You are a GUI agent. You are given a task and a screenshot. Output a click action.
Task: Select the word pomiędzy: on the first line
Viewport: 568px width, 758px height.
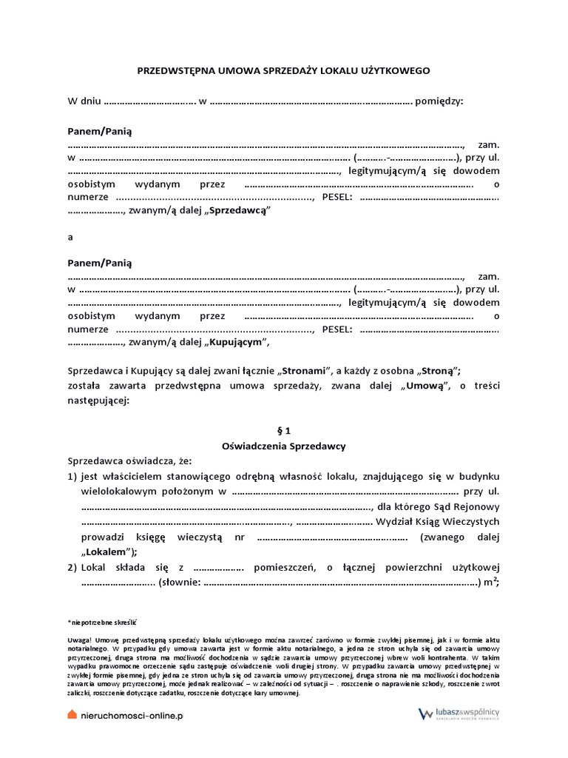click(x=439, y=101)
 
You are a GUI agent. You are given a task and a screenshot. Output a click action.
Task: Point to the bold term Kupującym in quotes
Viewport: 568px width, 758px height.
click(x=235, y=342)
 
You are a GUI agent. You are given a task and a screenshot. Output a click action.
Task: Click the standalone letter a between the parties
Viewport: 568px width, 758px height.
click(x=70, y=237)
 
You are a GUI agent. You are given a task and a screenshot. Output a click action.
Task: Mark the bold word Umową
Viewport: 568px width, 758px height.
click(x=425, y=386)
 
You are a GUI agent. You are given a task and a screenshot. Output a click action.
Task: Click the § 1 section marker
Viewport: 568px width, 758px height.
click(x=283, y=430)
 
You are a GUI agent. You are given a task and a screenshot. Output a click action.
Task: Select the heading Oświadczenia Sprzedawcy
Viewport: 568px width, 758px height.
click(x=283, y=446)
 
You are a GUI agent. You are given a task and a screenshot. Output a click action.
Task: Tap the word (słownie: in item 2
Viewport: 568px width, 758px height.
click(x=178, y=583)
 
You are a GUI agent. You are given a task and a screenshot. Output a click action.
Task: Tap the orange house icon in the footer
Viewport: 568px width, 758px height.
click(x=72, y=714)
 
